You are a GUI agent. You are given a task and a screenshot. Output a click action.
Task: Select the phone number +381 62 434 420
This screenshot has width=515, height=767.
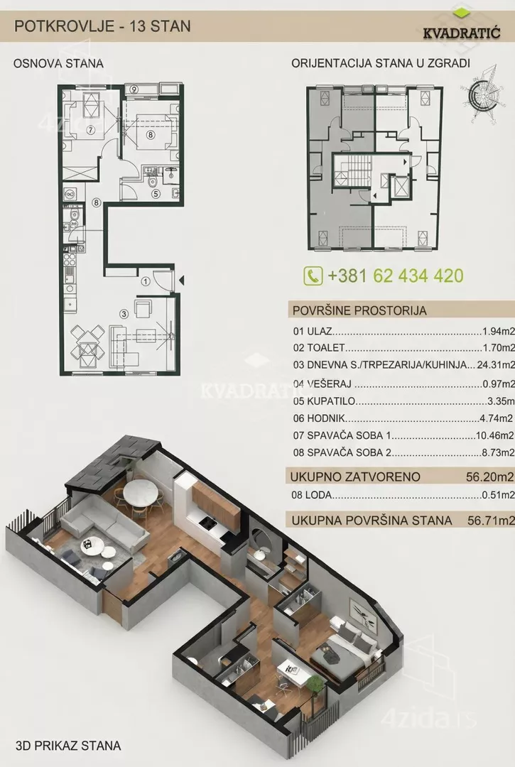coord(396,276)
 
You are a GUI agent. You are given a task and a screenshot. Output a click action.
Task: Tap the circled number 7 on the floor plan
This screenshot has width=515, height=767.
coord(90,131)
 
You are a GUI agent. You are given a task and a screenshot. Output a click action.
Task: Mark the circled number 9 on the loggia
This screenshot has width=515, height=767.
coord(134,89)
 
